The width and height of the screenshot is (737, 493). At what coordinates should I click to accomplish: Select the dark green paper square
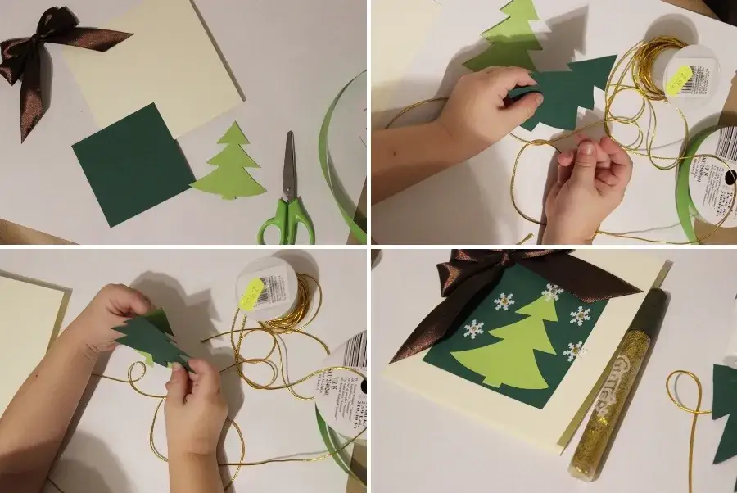coord(133,163)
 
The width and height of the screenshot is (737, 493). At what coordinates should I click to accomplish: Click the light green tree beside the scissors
coord(231,166)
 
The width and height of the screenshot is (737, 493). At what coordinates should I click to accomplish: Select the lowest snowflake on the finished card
coord(575,350)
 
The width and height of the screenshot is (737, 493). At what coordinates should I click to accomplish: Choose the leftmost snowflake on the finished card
coord(474,330)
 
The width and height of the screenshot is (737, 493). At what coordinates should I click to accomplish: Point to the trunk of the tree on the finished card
coord(491,381)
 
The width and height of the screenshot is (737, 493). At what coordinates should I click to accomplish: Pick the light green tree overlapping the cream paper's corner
coord(504,37)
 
